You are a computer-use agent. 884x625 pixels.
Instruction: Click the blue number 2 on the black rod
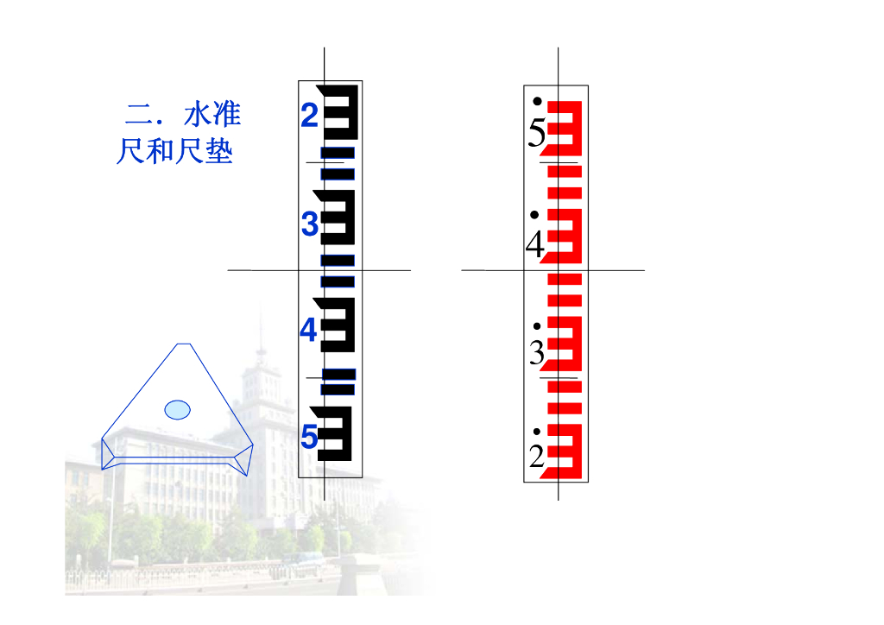coord(310,116)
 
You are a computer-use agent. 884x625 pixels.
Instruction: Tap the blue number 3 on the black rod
coord(310,224)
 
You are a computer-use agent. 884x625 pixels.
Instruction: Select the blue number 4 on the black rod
coord(309,331)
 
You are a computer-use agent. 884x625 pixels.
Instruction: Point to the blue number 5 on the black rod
coord(309,439)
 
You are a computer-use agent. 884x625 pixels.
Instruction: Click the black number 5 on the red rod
coord(537,135)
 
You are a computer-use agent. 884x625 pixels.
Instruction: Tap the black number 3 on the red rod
coord(537,353)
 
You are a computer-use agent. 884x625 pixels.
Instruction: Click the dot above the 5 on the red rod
coord(537,101)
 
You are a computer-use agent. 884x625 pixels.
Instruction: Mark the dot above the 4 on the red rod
coord(535,213)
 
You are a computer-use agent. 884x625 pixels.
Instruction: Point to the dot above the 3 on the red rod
coord(537,326)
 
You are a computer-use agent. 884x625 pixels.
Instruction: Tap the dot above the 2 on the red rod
coord(537,431)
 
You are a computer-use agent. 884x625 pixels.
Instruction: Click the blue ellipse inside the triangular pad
coord(177,408)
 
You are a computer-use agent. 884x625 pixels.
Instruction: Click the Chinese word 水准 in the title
coord(212,115)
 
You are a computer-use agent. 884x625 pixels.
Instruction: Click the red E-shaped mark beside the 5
coord(567,124)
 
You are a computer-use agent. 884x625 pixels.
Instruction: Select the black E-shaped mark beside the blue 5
coord(338,432)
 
